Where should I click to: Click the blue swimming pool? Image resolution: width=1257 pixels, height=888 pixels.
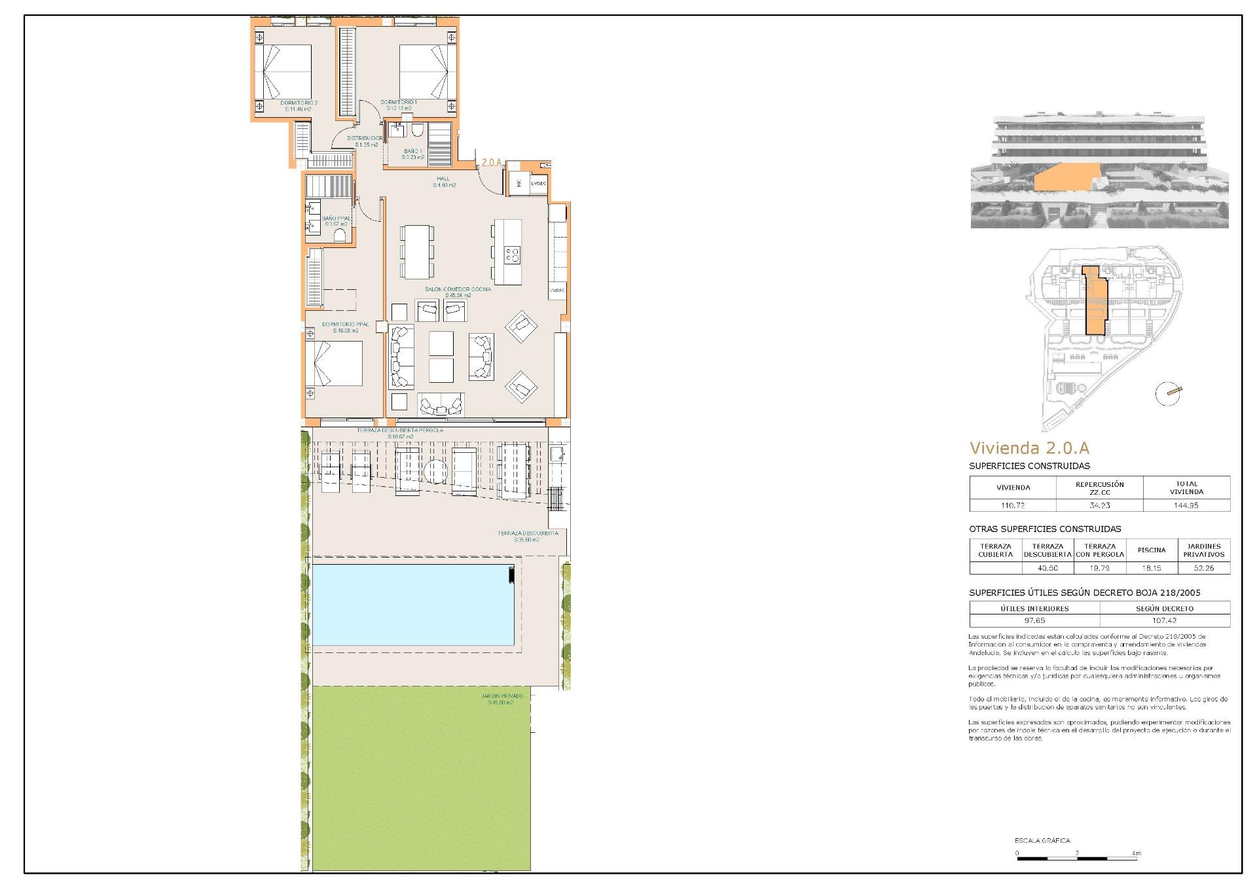(412, 605)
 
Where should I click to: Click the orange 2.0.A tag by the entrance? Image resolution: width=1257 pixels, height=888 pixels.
(491, 162)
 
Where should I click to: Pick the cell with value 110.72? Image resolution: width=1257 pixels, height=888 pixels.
(1012, 505)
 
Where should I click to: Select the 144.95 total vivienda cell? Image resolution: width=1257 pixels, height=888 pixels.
(1186, 505)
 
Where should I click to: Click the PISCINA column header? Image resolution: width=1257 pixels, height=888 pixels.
(1151, 550)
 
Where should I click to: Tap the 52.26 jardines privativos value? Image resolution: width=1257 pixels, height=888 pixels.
(1203, 568)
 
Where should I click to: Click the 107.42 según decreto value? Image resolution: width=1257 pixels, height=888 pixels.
(1164, 620)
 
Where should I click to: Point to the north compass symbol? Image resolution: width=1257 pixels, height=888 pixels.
(1168, 394)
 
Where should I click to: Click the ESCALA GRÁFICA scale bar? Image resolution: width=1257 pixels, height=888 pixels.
(1077, 857)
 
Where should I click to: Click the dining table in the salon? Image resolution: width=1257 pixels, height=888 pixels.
(417, 251)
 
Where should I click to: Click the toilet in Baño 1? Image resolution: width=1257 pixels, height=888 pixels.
(416, 130)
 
